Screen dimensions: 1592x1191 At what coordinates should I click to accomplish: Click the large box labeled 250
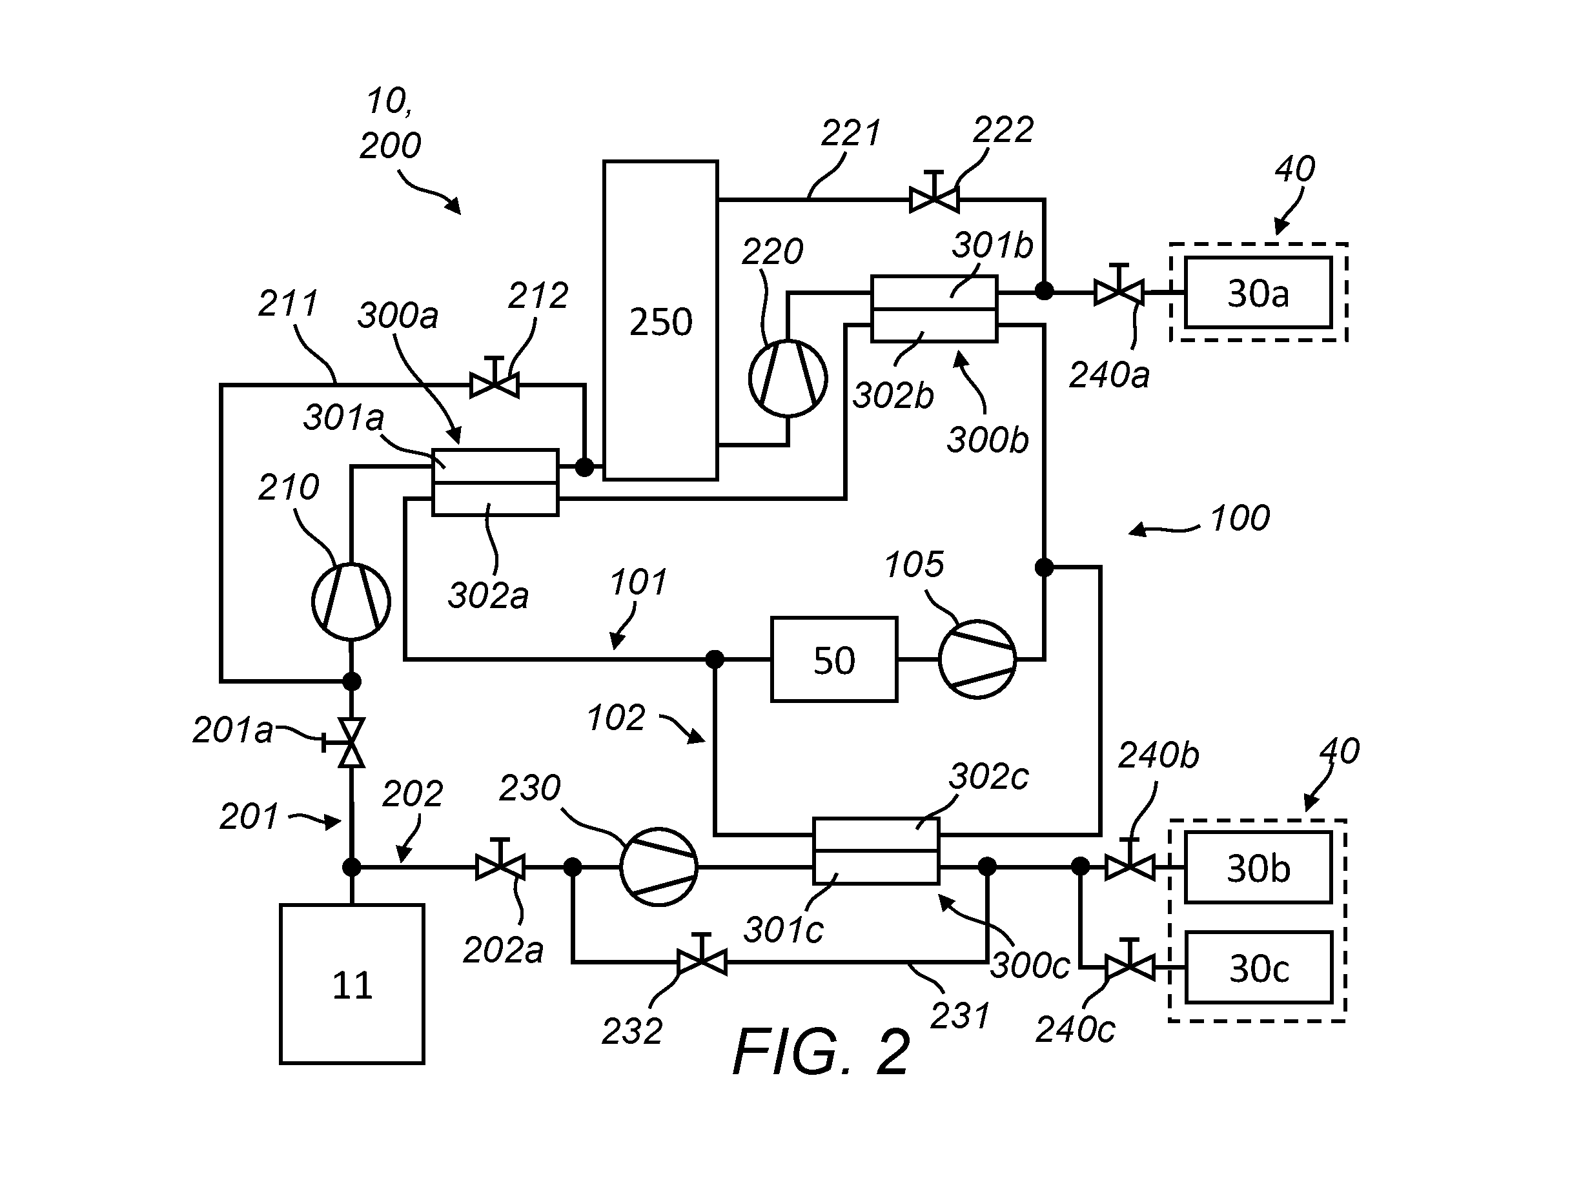[x=660, y=320]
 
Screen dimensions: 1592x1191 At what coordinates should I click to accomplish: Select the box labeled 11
[x=352, y=984]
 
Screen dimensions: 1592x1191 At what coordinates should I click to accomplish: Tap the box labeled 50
[x=834, y=659]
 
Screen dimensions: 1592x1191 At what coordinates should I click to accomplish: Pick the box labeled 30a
[x=1258, y=293]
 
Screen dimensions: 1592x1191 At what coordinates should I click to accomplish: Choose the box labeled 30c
[x=1258, y=968]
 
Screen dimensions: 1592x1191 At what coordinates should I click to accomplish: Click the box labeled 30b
[x=1258, y=868]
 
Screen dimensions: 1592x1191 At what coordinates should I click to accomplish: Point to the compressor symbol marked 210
[x=351, y=602]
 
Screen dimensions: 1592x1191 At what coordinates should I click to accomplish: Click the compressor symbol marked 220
[x=788, y=378]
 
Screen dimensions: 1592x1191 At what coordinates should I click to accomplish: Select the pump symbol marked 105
[x=977, y=659]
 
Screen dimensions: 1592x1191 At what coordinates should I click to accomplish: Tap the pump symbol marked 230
[x=658, y=867]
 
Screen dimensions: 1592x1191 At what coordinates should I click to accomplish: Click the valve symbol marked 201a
[x=346, y=742]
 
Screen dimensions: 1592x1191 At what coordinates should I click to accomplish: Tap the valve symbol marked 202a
[x=500, y=860]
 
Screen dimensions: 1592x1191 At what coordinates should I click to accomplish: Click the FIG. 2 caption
[x=822, y=1052]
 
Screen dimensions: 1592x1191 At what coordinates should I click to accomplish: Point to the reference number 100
[x=1240, y=518]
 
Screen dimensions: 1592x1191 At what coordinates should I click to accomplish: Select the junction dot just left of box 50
[x=715, y=659]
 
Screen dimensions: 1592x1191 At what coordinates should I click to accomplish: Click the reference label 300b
[x=988, y=440]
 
